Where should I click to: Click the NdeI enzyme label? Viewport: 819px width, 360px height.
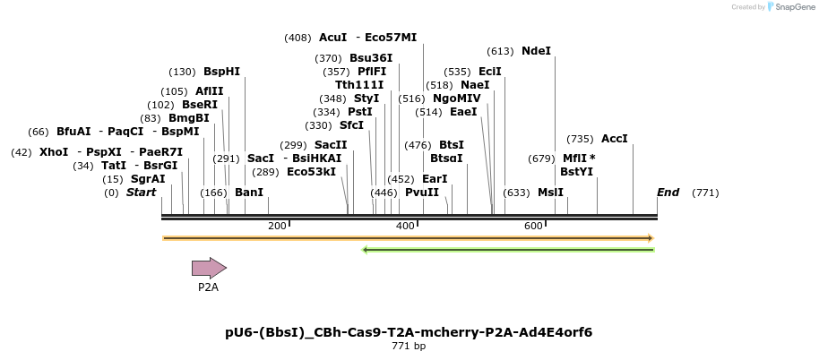[536, 51]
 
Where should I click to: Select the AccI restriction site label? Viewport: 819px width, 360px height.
[615, 139]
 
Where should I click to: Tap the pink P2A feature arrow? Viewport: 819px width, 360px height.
[209, 267]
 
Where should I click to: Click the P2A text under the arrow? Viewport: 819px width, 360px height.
[208, 287]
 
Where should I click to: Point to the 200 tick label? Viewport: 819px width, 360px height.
[277, 226]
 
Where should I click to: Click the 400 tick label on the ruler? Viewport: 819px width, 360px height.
[405, 226]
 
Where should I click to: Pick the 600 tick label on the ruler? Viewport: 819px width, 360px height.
[533, 226]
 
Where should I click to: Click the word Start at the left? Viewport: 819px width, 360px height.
[141, 193]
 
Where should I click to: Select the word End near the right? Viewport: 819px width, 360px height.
[668, 193]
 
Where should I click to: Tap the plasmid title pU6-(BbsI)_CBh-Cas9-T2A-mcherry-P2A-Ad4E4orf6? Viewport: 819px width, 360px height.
[409, 332]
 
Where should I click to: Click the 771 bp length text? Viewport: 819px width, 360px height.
[409, 346]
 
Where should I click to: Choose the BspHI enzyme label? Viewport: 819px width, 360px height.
[221, 72]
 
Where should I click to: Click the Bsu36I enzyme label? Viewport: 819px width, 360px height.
[371, 58]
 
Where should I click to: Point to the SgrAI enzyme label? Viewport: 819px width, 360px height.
[148, 179]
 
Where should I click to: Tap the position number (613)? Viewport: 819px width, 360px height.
[500, 51]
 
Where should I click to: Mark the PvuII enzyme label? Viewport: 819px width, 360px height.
[422, 193]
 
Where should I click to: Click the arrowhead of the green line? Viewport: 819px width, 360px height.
[366, 250]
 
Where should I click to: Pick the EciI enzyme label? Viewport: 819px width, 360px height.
[490, 72]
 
